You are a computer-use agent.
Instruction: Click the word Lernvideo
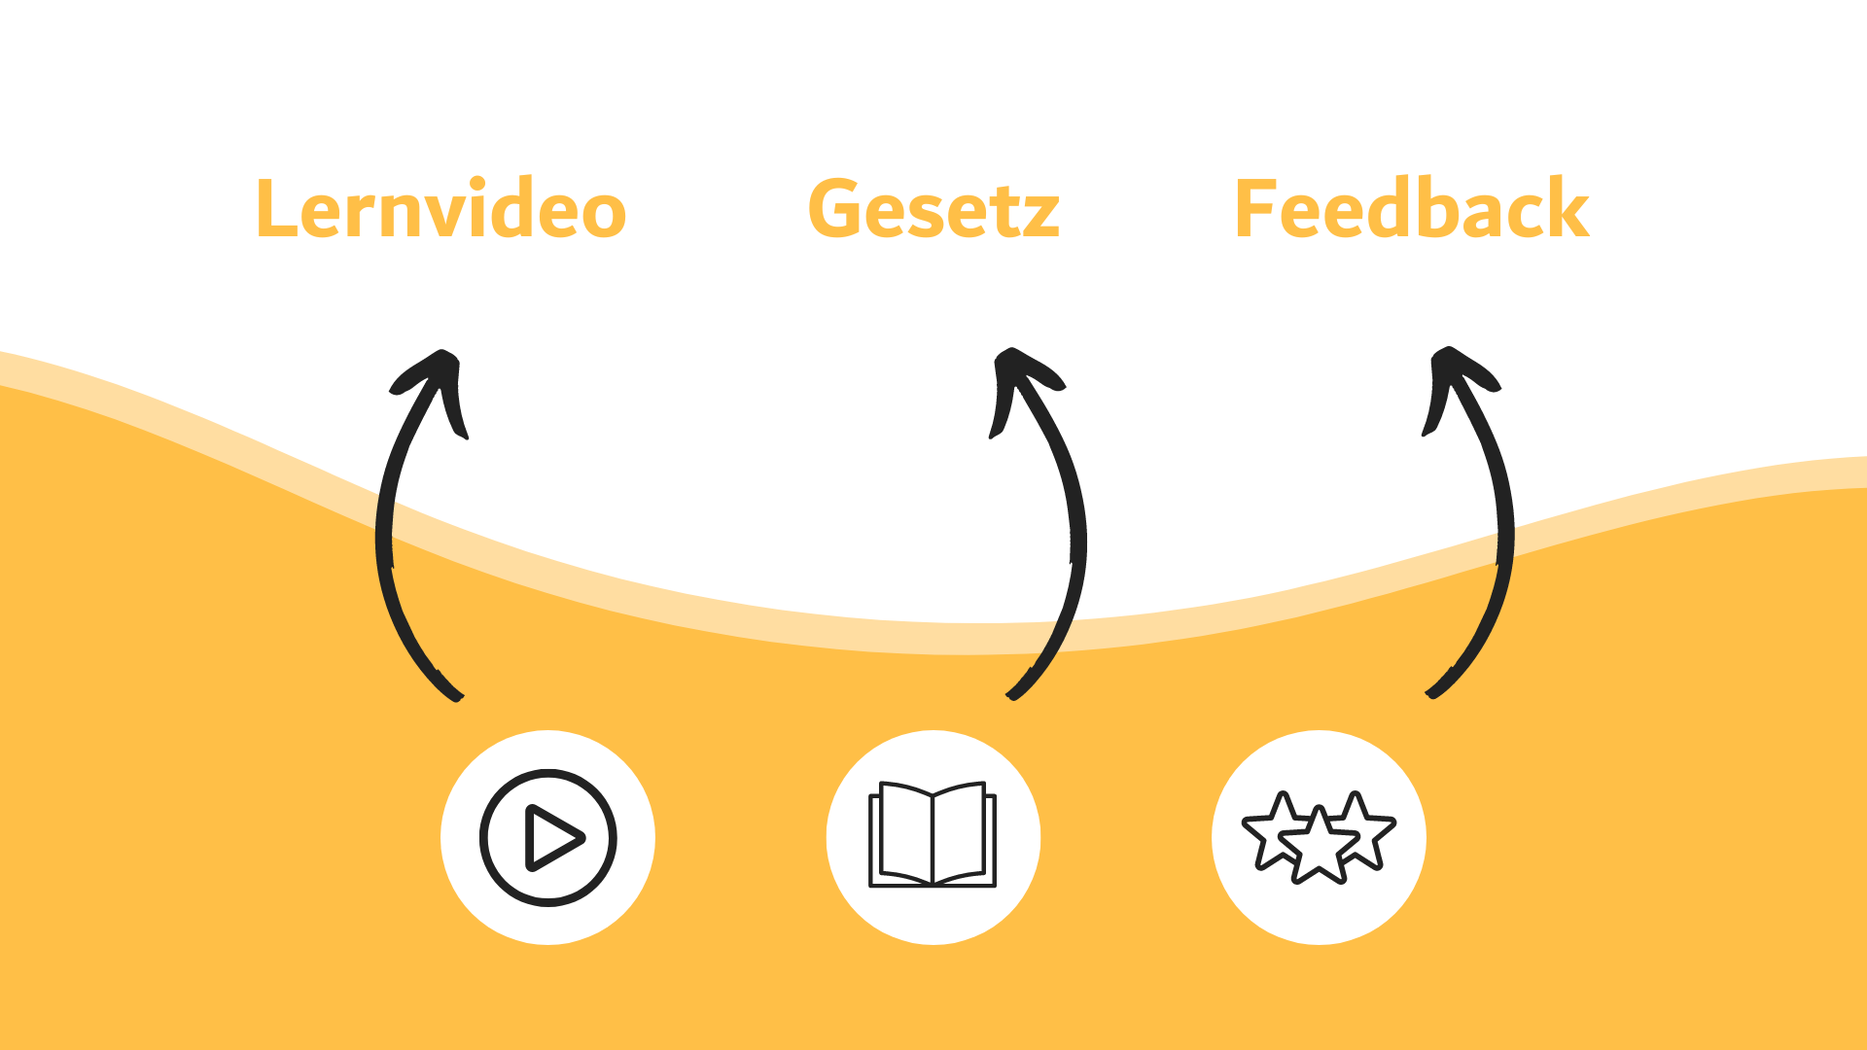pos(440,209)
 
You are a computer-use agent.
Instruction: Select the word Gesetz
pos(933,209)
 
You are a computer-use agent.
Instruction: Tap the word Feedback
pos(1411,209)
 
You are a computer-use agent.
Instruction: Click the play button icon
pos(547,837)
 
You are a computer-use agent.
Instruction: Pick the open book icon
pos(933,836)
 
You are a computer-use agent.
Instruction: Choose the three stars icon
pos(1319,837)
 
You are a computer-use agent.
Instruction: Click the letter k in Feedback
pos(1568,209)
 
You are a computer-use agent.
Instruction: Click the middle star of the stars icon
pos(1319,848)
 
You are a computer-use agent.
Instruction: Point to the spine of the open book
pos(933,836)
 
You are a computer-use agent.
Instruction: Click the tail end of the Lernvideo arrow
pos(457,694)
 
